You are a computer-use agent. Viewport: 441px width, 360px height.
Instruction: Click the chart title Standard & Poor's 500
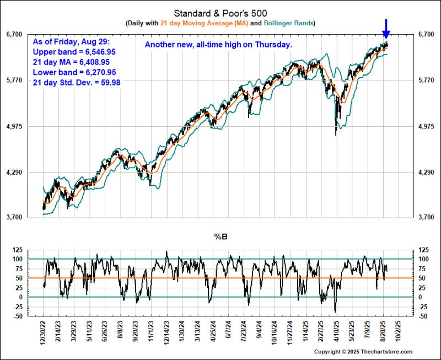(220, 13)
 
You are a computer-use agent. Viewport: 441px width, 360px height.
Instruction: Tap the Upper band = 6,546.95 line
(73, 51)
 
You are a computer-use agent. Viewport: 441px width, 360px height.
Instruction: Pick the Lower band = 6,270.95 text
(73, 72)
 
